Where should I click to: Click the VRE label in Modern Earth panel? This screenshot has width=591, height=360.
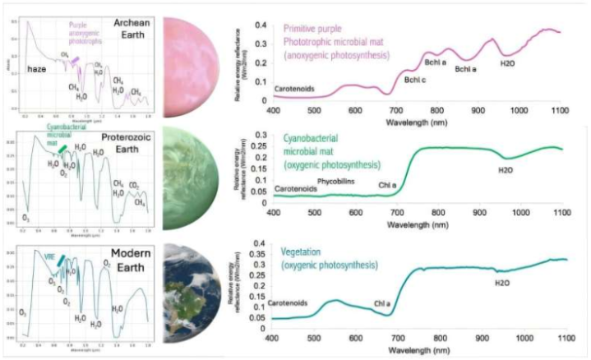point(49,256)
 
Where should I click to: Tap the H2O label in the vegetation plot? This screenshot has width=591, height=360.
point(502,282)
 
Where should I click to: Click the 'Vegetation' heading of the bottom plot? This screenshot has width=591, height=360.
point(303,249)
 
